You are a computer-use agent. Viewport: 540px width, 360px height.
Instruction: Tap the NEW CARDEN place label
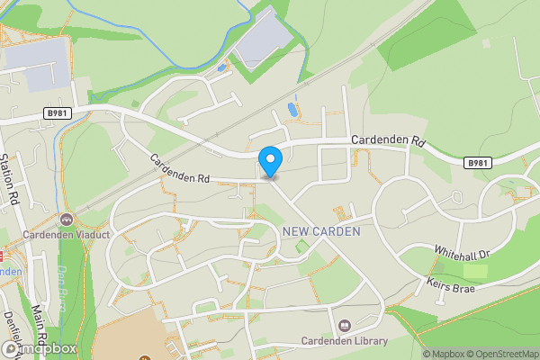pos(321,231)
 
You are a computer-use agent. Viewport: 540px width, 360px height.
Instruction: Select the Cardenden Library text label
pos(346,340)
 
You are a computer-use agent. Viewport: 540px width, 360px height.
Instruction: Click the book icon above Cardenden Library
pos(345,325)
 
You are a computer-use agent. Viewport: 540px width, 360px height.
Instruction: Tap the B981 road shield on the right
pos(479,163)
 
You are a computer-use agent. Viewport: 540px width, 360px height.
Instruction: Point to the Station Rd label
pos(12,178)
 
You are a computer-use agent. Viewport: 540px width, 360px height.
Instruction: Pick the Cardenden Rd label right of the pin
pos(387,140)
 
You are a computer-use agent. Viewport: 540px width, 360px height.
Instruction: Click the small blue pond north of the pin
pos(291,110)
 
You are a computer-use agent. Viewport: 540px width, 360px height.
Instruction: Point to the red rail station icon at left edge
pos(2,255)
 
